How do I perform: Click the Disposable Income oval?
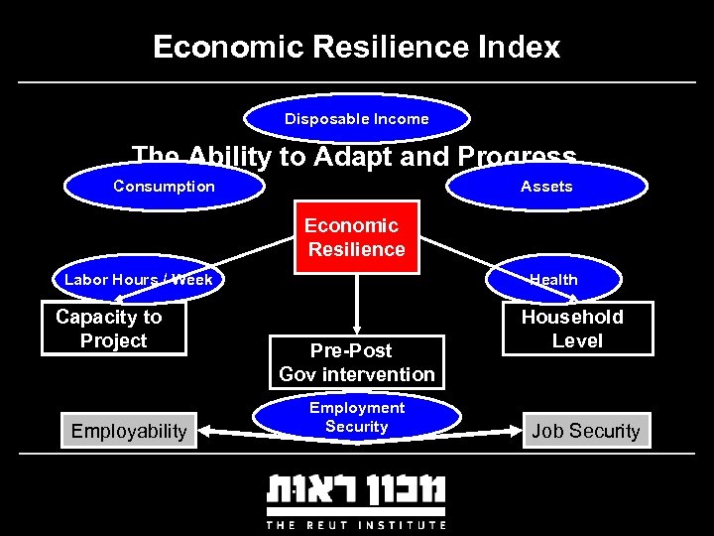click(357, 119)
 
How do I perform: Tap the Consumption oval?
click(164, 187)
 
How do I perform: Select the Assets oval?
click(546, 187)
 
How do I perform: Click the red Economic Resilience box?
click(356, 238)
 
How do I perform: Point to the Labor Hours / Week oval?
click(139, 280)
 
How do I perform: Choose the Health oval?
click(553, 280)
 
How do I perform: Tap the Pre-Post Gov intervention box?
click(357, 362)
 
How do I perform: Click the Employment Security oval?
click(357, 418)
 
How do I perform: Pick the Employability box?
click(129, 431)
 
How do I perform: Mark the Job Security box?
click(586, 431)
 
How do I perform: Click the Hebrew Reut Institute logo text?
click(356, 491)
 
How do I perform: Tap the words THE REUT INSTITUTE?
click(356, 524)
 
